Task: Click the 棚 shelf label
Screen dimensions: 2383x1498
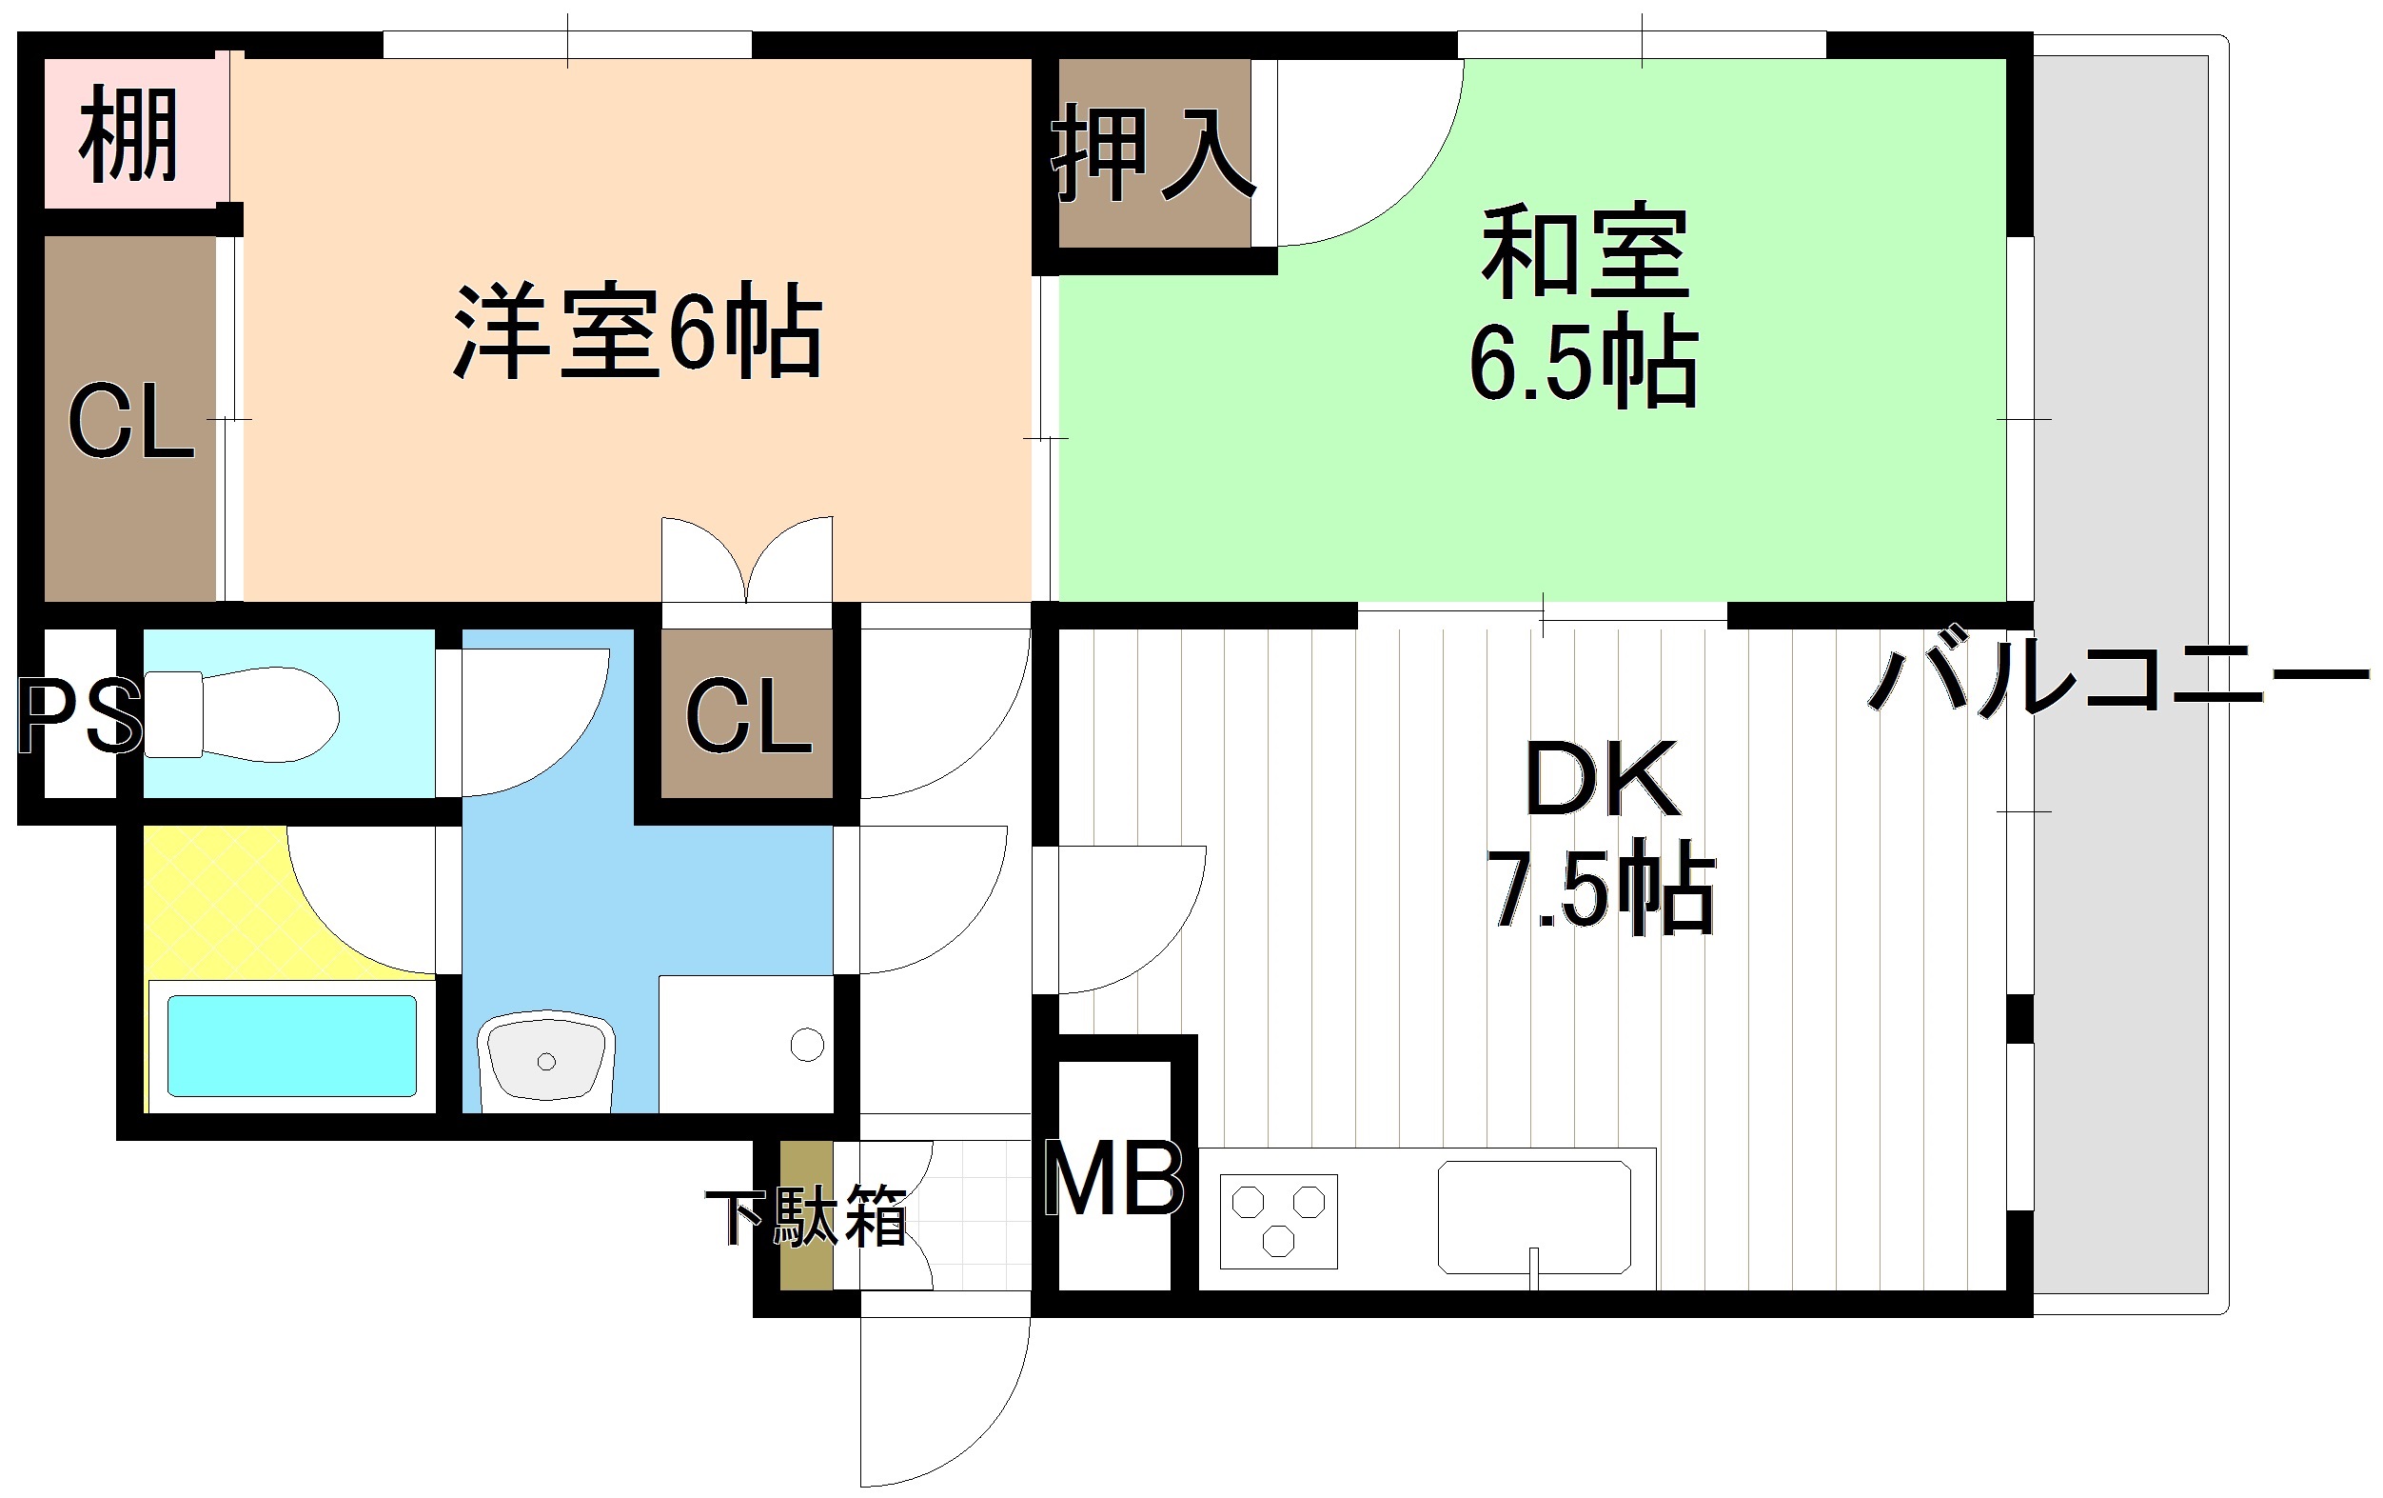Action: [128, 134]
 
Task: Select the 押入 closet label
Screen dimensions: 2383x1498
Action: [1152, 153]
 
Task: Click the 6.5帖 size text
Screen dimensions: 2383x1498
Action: [1584, 361]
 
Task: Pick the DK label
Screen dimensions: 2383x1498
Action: [1603, 778]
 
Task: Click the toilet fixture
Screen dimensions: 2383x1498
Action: [242, 714]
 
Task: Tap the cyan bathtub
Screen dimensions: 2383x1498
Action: [292, 1046]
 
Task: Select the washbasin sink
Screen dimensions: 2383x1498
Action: [546, 1059]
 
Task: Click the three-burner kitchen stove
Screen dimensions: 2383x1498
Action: [1279, 1222]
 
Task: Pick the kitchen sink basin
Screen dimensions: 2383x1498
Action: [1534, 1218]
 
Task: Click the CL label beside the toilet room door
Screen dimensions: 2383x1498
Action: [748, 716]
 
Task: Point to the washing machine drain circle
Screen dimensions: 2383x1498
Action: [808, 1045]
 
